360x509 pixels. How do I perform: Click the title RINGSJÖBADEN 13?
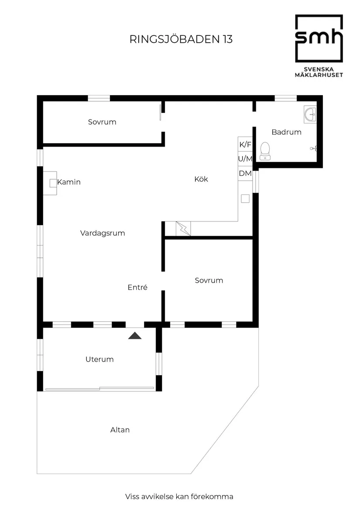point(181,39)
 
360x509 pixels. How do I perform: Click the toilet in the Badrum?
point(264,151)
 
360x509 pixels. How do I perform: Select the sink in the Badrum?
point(310,115)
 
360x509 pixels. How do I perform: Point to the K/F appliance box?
point(245,144)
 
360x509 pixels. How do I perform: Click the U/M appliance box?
point(245,159)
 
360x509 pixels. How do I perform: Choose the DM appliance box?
point(245,173)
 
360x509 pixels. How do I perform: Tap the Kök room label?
point(201,179)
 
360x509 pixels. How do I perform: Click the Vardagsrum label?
point(103,233)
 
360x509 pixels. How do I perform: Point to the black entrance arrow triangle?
point(135,335)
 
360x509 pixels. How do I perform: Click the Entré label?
point(137,287)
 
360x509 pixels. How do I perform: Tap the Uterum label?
point(99,359)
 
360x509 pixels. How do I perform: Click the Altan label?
point(120,430)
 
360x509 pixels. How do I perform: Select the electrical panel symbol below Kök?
point(183,229)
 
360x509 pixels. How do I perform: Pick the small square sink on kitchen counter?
point(245,198)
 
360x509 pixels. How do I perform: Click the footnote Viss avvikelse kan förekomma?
point(179,496)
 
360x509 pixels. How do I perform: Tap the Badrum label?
point(286,132)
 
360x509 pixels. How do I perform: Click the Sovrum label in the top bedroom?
point(102,122)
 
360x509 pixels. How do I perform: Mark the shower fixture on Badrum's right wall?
point(313,148)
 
